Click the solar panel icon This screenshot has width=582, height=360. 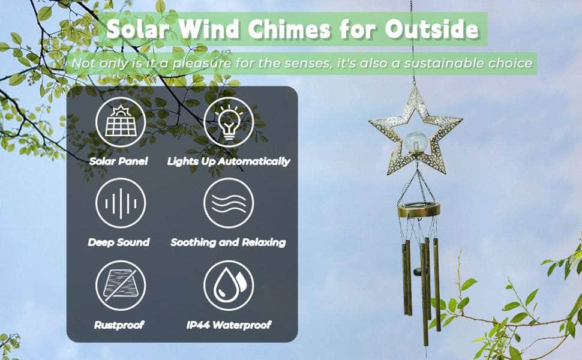(121, 122)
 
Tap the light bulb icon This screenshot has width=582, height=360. (229, 122)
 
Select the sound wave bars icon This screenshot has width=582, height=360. (121, 203)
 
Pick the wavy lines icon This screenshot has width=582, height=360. (229, 203)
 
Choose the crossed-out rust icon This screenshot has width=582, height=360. (121, 286)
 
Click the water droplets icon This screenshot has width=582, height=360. (229, 286)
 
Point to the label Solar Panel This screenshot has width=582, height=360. (118, 161)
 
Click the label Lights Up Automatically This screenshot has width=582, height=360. (229, 161)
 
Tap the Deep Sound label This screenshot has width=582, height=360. (119, 242)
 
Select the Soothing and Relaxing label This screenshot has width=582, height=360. (228, 242)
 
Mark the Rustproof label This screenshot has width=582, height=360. (119, 325)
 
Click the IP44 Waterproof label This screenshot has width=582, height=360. (229, 325)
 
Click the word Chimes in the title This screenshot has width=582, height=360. (289, 29)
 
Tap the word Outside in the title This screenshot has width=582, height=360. (431, 29)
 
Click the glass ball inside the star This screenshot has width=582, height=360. (416, 142)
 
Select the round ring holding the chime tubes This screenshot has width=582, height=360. (419, 209)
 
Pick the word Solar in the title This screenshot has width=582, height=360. (138, 29)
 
